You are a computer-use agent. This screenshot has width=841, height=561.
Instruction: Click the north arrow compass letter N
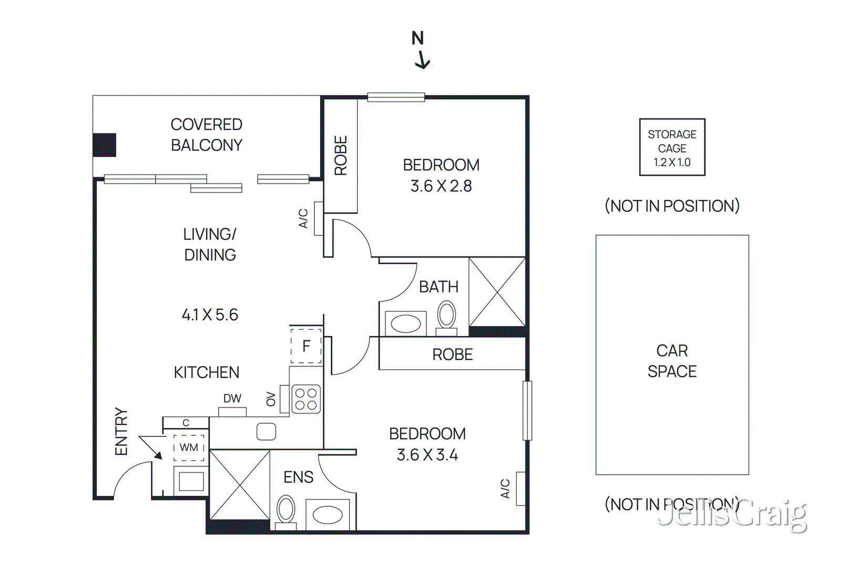point(417,38)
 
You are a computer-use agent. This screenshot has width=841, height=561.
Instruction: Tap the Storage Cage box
point(672,147)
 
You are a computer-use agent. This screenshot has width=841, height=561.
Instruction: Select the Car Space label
point(672,361)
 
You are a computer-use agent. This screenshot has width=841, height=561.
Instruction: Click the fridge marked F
point(306,346)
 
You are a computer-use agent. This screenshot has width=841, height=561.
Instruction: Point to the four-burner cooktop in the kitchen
point(306,399)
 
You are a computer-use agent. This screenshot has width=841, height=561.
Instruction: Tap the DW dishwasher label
point(232,399)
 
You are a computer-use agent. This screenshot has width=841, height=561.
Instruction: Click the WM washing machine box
point(189,447)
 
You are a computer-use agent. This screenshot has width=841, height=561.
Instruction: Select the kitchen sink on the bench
point(266,432)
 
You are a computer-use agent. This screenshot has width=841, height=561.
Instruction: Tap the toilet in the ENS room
point(286,510)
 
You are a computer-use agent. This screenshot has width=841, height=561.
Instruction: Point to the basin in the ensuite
point(327,514)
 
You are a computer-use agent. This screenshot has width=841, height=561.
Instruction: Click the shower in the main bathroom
point(497,292)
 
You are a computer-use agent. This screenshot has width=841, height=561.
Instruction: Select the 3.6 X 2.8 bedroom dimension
point(441,186)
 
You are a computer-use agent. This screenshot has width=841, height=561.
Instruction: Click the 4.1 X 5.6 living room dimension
point(210,315)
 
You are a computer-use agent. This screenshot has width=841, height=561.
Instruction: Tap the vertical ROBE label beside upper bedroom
point(341,156)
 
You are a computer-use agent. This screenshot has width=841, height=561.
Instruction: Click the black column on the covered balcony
point(104,145)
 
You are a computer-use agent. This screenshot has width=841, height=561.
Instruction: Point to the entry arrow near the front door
point(151,447)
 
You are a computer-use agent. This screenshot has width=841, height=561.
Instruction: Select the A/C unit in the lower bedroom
point(520,488)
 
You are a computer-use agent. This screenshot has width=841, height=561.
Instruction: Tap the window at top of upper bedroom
point(396,97)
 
